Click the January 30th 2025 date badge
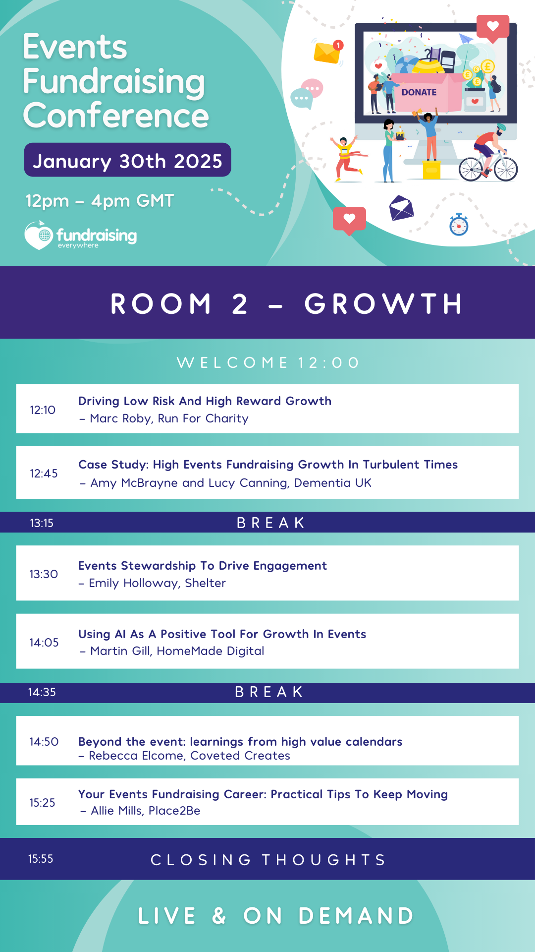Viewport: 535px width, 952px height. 127,160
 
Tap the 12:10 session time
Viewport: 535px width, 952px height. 43,410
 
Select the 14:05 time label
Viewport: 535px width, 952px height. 44,643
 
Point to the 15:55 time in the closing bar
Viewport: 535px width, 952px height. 41,859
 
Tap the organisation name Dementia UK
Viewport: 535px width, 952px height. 332,483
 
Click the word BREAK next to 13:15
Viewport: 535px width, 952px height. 271,523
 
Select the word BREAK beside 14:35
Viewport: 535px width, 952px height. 269,692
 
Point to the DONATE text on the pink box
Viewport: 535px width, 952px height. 419,92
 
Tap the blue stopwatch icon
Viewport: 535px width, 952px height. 459,225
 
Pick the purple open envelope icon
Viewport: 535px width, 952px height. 401,208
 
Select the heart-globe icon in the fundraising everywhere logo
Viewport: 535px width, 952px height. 39,235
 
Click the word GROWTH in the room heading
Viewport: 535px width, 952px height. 384,303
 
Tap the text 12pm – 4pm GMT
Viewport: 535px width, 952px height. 100,201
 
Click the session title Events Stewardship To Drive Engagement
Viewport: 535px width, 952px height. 203,566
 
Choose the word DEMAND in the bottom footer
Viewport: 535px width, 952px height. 357,916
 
